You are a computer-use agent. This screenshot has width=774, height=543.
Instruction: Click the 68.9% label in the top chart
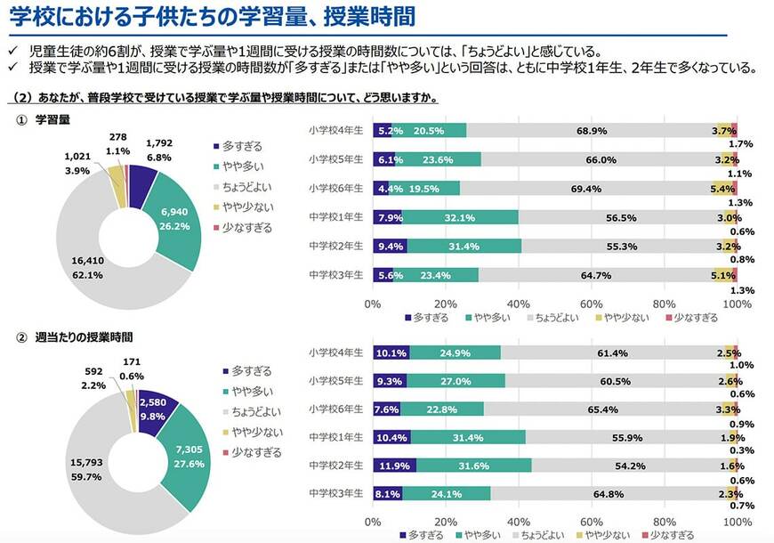point(592,131)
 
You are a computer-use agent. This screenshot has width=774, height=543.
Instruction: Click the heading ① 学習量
point(52,119)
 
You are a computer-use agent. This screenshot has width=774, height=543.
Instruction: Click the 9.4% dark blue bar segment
point(390,246)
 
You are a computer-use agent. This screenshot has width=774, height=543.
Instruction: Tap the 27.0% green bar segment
point(456,381)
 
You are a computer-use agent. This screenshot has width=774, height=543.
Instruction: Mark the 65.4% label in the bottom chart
point(603,409)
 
